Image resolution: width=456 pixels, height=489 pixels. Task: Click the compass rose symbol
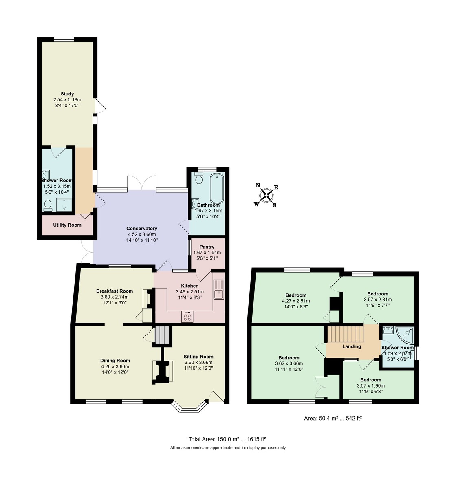coord(266,195)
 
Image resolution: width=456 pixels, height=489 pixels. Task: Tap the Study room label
coord(67,94)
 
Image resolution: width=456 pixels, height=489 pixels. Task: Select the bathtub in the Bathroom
coord(216,188)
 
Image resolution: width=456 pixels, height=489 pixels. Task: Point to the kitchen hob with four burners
coord(188,317)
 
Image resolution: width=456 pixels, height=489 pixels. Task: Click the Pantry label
coord(207,247)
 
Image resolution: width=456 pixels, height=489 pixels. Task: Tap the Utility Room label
coord(67,225)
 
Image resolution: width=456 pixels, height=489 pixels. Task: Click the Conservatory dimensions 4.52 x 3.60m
coord(141,234)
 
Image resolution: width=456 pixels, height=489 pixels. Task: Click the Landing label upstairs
coord(352,347)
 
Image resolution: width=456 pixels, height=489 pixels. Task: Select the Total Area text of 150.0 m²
coord(227,439)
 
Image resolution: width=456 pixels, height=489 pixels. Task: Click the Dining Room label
coord(115,361)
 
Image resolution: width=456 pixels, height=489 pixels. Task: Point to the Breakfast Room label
coord(115,291)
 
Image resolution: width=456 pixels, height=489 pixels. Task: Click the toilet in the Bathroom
coord(199,178)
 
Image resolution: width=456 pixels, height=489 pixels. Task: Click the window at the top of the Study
coord(64,39)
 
